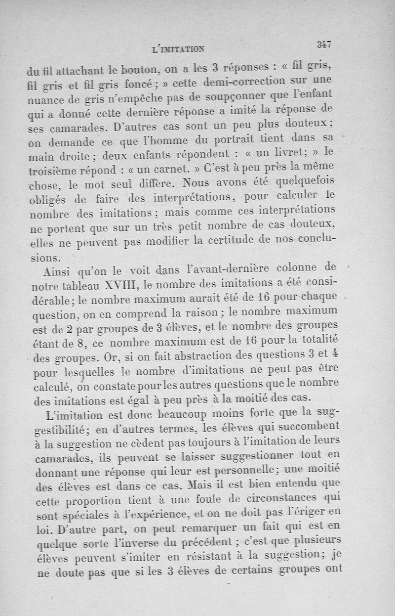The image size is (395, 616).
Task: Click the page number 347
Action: pos(324,44)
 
